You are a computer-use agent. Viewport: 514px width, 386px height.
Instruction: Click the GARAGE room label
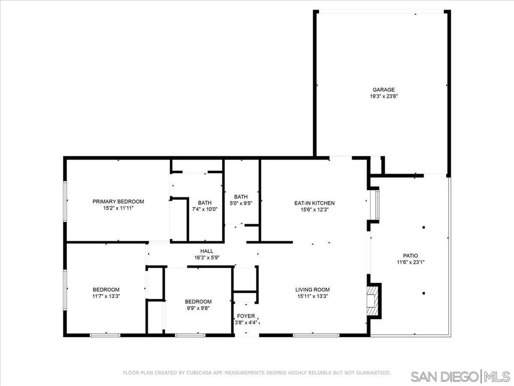[x=383, y=89]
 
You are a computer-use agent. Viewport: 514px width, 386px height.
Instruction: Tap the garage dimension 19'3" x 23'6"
[x=383, y=96]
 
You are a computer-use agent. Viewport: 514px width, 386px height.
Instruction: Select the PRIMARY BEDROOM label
[x=118, y=202]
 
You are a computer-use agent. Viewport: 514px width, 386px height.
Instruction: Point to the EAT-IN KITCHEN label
[x=314, y=203]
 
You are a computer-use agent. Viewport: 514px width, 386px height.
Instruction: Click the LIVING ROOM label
[x=312, y=289]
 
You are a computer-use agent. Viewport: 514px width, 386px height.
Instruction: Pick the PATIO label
[x=411, y=256]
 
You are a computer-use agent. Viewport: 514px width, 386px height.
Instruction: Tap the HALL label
[x=207, y=251]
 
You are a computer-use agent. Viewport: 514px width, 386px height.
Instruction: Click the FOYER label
[x=246, y=316]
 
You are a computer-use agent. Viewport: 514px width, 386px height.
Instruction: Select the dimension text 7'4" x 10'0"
[x=205, y=209]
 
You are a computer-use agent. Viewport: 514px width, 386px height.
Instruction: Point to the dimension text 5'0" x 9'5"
[x=241, y=203]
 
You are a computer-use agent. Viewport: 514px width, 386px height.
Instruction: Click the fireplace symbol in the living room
[x=372, y=301]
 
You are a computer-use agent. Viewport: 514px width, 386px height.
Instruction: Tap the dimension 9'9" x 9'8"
[x=198, y=308]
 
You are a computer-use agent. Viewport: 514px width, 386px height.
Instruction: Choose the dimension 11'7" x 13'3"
[x=106, y=296]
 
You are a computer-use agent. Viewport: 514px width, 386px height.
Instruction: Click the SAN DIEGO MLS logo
[x=460, y=375]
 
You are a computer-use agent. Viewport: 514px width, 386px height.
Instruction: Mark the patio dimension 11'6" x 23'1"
[x=411, y=262]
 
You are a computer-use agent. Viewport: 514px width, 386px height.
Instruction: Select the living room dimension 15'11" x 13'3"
[x=312, y=296]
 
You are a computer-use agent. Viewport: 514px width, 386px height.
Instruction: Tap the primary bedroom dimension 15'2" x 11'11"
[x=118, y=208]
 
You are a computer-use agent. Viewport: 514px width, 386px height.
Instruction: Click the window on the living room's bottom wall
[x=316, y=335]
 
